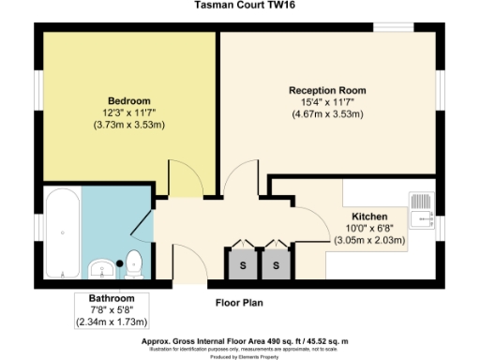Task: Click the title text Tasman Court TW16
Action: (x=240, y=6)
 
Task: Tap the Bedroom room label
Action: (x=128, y=99)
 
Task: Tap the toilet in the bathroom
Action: (x=134, y=264)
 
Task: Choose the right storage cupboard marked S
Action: (x=277, y=265)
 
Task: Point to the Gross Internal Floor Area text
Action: (x=240, y=342)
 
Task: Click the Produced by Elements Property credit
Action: (x=240, y=357)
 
